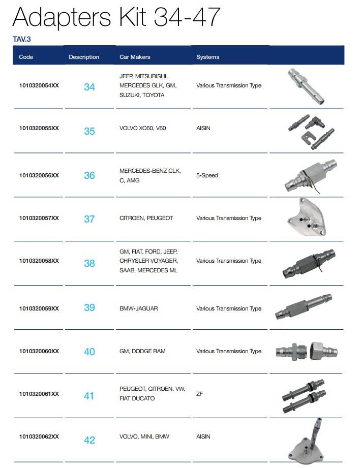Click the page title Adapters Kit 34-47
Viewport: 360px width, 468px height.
116,17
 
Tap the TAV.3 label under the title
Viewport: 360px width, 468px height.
22,39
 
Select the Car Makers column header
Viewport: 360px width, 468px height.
135,57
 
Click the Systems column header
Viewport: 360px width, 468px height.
207,57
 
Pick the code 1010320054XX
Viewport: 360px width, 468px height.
39,85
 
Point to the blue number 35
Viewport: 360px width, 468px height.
89,131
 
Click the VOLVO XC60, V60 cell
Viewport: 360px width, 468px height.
142,128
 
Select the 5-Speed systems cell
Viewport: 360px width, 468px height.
207,175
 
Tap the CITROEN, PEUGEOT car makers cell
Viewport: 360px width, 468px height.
146,218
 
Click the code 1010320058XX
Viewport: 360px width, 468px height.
39,261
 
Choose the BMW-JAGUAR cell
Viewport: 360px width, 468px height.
139,308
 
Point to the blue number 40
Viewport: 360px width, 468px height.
89,352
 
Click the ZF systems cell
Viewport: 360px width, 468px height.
199,394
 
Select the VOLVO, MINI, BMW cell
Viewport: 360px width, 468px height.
144,436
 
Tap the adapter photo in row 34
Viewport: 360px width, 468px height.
306,86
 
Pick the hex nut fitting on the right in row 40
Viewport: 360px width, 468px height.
323,351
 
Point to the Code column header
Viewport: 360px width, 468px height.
26,57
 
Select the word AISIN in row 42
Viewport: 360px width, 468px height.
203,436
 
